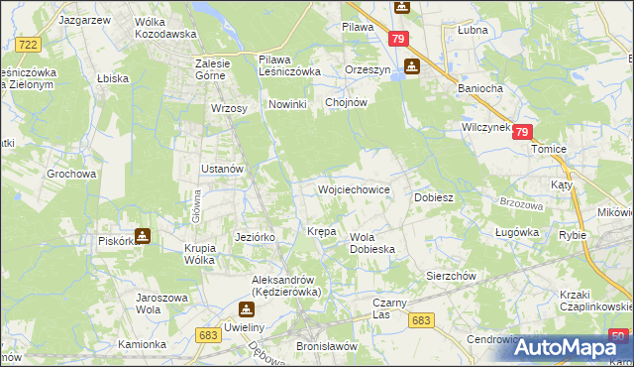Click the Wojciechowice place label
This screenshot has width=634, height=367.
(352, 188)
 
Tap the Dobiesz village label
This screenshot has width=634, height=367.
(433, 197)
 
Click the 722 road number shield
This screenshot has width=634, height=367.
(29, 45)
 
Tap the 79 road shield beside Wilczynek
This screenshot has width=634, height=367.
(523, 132)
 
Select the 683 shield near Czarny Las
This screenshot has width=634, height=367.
(422, 319)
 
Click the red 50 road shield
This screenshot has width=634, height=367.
(618, 335)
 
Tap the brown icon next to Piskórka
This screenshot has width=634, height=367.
(144, 236)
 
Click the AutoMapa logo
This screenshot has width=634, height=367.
(574, 347)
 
